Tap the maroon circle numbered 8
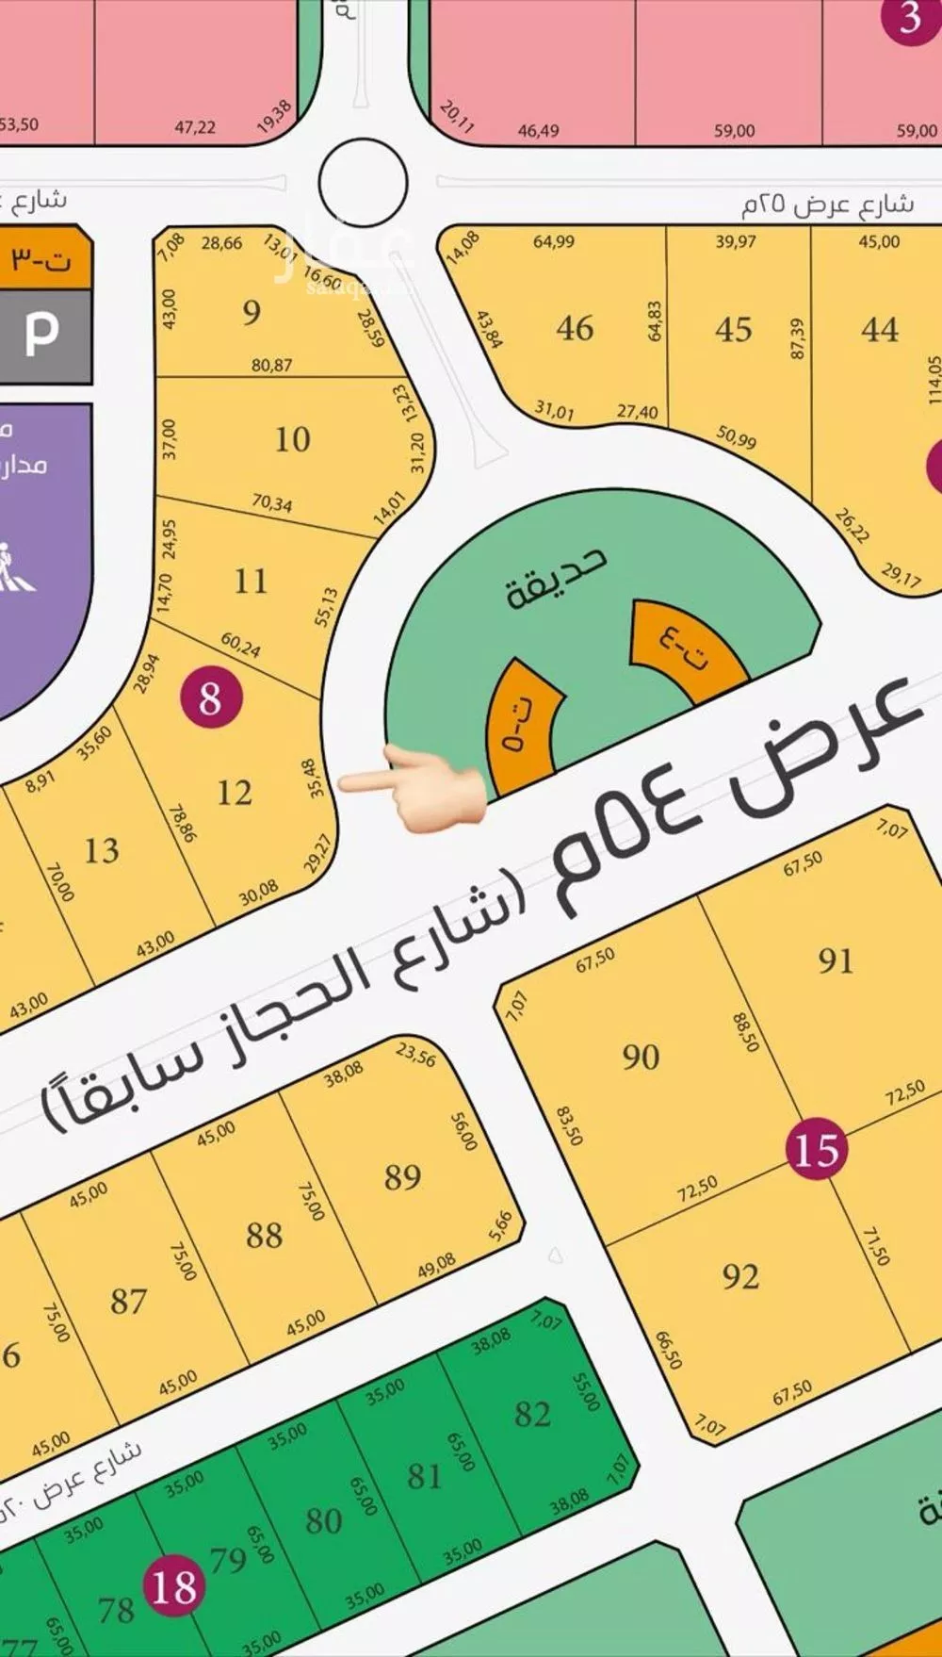[x=210, y=698]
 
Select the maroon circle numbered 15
[x=816, y=1149]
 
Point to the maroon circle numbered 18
[x=174, y=1586]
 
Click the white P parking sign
[x=41, y=334]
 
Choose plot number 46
[x=575, y=328]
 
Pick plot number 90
[x=641, y=1057]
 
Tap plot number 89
[x=402, y=1176]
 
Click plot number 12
[x=234, y=793]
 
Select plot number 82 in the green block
[x=532, y=1414]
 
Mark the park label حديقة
[x=556, y=577]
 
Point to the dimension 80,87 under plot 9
[x=271, y=366]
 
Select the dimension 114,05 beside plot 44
[x=933, y=380]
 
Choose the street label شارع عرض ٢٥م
[x=827, y=205]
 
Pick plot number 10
[x=292, y=439]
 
